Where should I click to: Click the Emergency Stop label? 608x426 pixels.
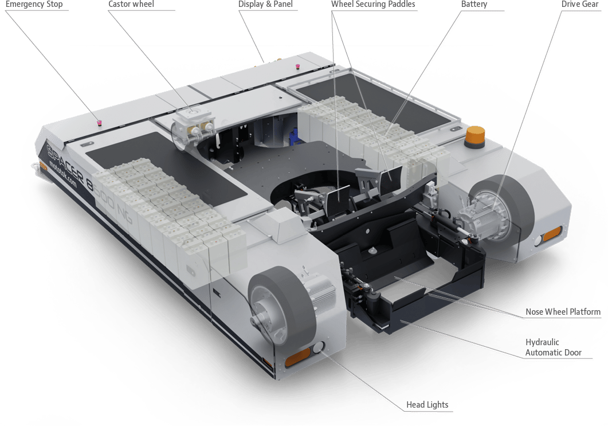pos(34,4)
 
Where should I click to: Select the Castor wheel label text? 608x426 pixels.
pos(131,4)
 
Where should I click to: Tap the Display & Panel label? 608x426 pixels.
pos(265,4)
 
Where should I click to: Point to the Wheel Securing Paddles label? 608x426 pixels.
pos(373,4)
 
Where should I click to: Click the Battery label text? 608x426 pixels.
pos(474,4)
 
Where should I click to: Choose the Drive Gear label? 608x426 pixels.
pos(580,4)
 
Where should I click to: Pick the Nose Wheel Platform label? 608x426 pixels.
pos(563,311)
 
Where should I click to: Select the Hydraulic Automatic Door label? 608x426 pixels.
pos(554,347)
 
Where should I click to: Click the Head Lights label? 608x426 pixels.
pos(427,405)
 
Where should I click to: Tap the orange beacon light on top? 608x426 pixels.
pos(475,136)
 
